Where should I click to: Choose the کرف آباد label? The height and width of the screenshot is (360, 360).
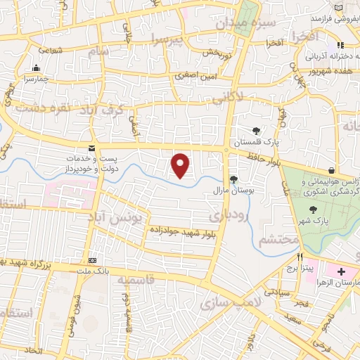coord(108,110)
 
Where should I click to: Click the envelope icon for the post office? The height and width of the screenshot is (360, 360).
coord(91,148)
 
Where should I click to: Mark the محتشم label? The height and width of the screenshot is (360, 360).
coord(274,240)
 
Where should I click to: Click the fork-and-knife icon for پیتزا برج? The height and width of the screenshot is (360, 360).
coord(300,257)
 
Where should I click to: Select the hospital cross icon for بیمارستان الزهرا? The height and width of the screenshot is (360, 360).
coord(340,271)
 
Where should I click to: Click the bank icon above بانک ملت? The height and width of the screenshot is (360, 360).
coord(92,259)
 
